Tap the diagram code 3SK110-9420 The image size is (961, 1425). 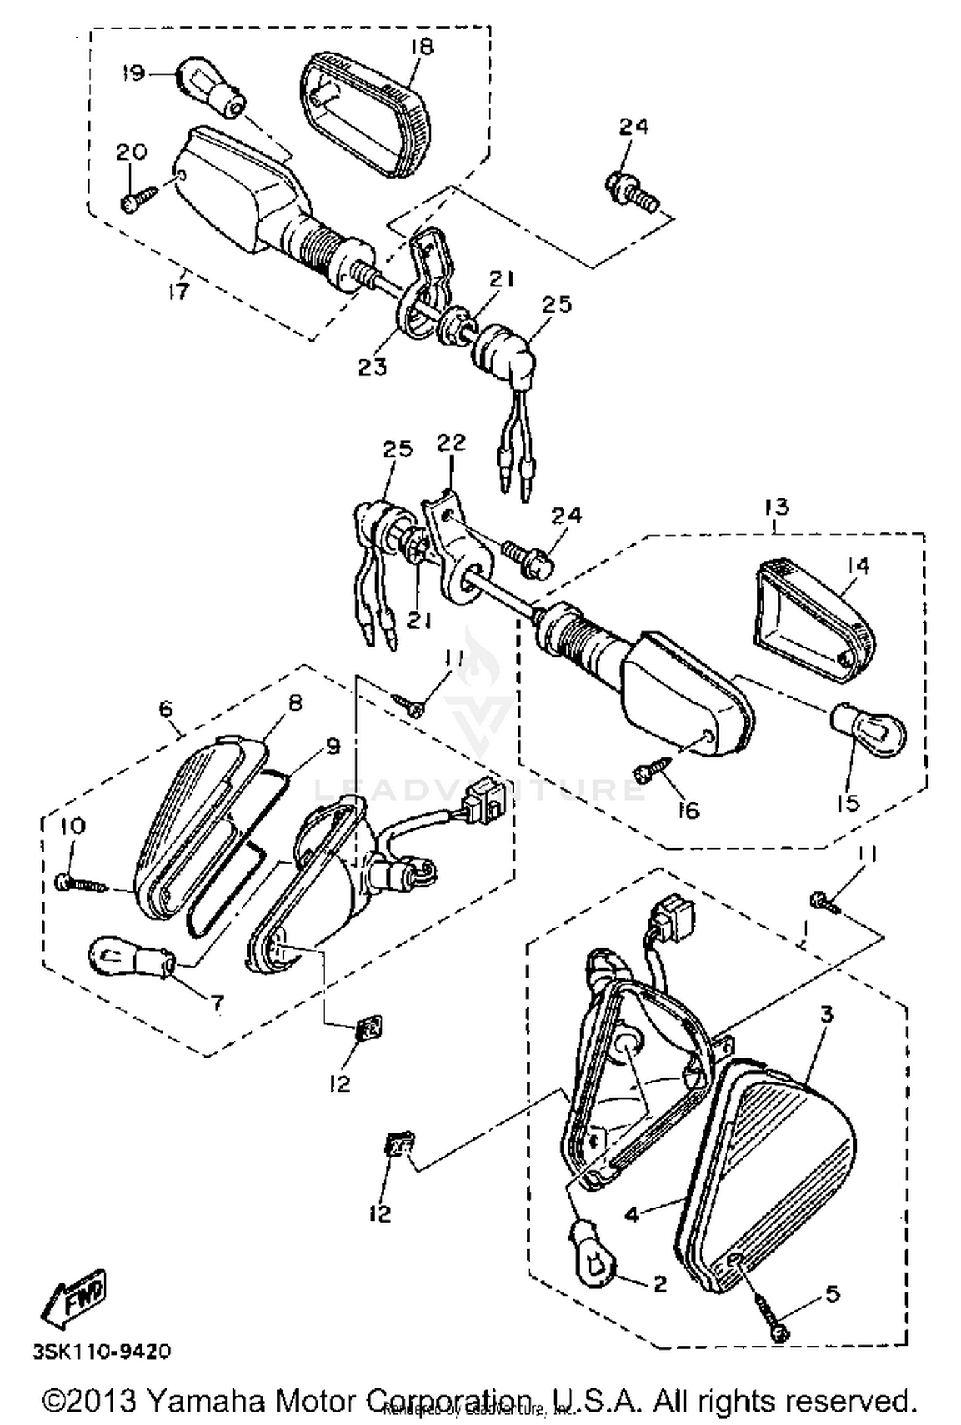click(x=103, y=1351)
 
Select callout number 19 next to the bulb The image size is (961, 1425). click(x=134, y=74)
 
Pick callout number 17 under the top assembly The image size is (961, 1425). click(x=179, y=291)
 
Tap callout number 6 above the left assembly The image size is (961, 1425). click(x=165, y=709)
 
